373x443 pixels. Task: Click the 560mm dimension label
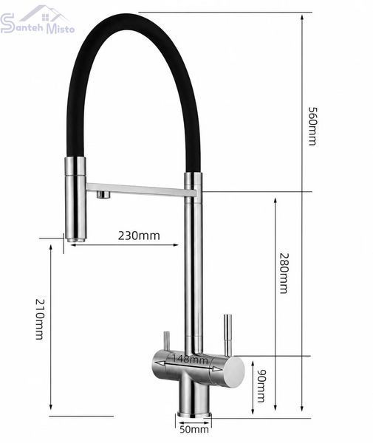312,126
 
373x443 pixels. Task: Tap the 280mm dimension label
284,273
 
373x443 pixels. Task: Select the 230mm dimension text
139,236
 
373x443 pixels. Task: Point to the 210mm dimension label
40,319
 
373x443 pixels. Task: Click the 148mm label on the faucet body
190,360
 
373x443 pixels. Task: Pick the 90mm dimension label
261,385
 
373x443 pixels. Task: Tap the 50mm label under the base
194,430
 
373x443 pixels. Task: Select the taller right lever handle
227,334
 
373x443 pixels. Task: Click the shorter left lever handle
167,341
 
